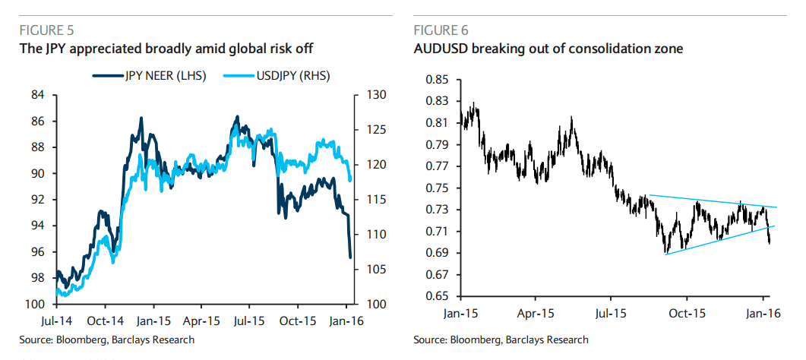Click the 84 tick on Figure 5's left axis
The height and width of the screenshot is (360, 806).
pos(37,95)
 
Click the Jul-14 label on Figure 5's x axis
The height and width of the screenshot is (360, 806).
pos(58,320)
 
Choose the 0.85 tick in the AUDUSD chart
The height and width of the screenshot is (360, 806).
pos(438,80)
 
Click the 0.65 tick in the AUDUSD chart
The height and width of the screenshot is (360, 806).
pos(438,296)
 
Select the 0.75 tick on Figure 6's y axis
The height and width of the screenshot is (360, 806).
pos(438,188)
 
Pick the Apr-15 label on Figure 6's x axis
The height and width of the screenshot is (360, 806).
pos(536,312)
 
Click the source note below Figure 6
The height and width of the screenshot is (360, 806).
pos(501,339)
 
